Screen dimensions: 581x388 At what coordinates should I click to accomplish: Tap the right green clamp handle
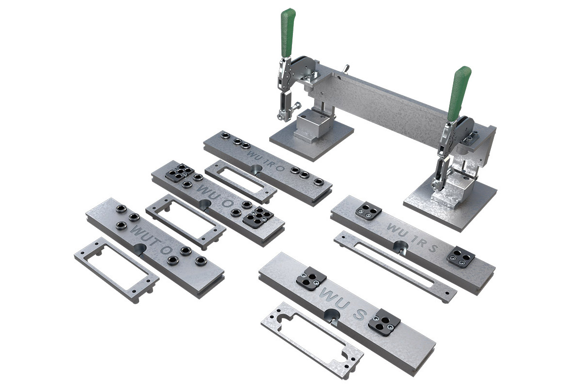pyautogui.click(x=459, y=93)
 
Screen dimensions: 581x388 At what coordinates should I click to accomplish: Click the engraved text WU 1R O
pyautogui.click(x=266, y=161)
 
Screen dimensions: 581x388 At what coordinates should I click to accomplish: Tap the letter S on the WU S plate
pyautogui.click(x=359, y=314)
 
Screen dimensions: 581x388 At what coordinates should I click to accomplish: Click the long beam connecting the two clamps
pyautogui.click(x=384, y=105)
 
